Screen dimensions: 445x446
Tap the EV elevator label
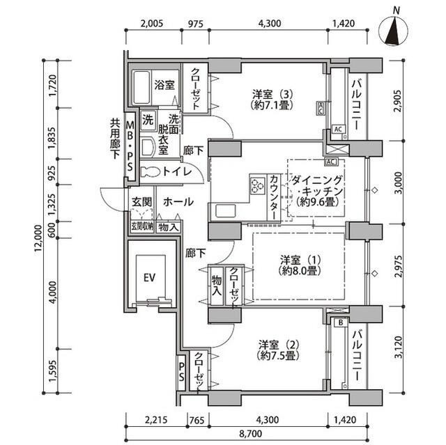148,277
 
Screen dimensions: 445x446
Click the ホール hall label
178,202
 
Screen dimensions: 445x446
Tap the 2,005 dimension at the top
151,23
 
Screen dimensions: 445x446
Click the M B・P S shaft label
130,146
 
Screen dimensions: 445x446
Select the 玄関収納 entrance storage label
141,226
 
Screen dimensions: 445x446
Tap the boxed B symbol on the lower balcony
340,322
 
